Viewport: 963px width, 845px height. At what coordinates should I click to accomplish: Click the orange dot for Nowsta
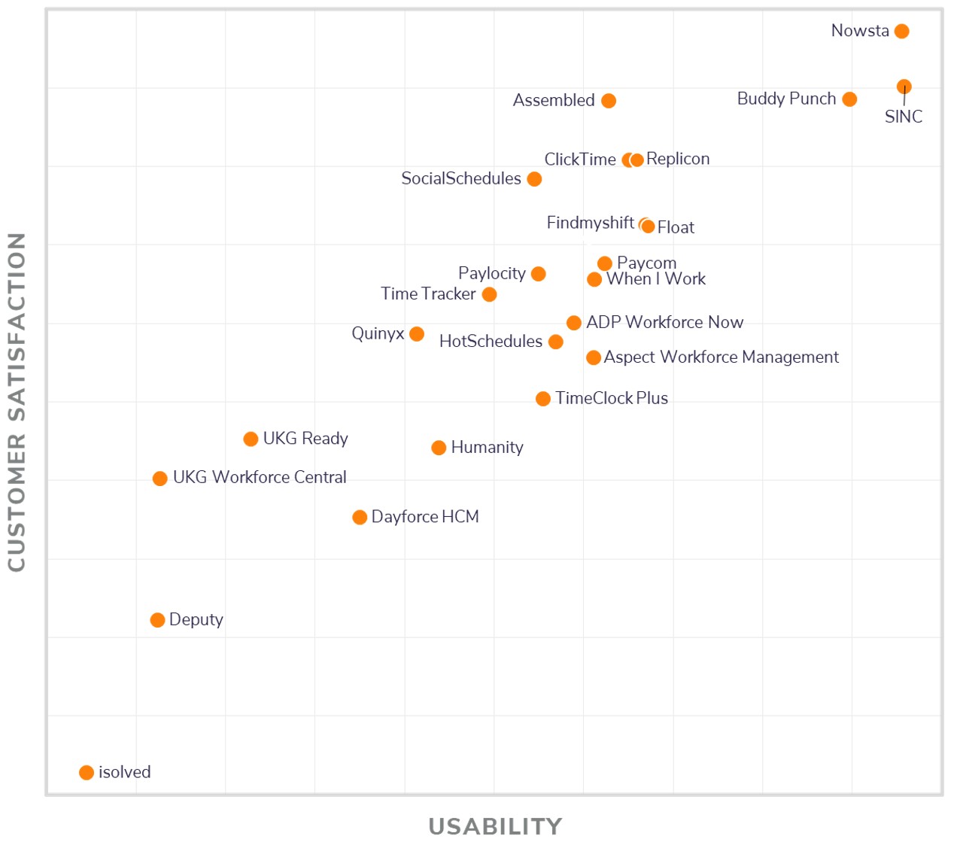901,31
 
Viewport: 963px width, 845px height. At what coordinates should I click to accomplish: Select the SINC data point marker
904,87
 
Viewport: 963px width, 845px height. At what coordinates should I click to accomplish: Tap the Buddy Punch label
786,99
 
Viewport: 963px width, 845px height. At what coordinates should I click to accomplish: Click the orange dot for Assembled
609,101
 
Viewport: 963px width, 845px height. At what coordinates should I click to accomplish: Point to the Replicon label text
677,159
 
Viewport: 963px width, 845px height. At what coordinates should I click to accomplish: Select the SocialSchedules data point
534,179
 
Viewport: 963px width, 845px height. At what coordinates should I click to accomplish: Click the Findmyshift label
590,223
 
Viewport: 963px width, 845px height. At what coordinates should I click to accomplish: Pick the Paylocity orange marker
538,274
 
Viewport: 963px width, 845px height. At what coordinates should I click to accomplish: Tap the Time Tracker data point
489,294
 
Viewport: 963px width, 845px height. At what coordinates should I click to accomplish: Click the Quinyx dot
417,333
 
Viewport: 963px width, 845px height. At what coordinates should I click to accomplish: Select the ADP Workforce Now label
664,322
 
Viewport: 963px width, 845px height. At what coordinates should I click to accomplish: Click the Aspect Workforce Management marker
594,357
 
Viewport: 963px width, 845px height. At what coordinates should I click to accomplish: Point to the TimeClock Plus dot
542,399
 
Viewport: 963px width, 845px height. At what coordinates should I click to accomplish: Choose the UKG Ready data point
251,439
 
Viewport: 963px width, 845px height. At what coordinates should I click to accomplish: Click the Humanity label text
487,447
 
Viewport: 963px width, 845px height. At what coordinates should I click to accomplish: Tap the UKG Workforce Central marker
159,479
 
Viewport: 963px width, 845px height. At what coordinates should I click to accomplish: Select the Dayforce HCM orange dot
360,517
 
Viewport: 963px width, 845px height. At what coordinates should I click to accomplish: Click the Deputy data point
157,620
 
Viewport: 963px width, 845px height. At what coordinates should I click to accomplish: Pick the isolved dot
87,773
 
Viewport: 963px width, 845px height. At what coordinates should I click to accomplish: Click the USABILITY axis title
495,826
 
